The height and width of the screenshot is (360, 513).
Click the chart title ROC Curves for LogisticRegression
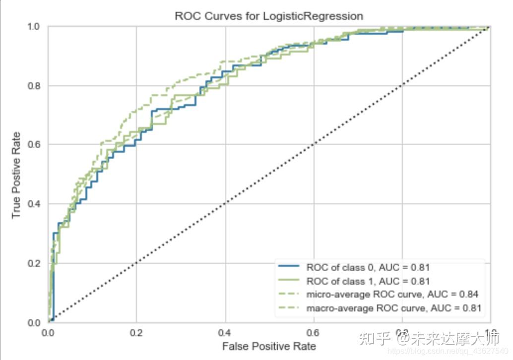[268, 16]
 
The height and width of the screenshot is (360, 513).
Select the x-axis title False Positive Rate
[268, 346]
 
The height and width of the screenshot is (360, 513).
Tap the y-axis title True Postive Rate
[17, 175]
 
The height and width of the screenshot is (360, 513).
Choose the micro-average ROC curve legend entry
[392, 295]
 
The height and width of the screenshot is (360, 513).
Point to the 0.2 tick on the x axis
[136, 332]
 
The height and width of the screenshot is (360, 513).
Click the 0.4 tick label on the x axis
[225, 332]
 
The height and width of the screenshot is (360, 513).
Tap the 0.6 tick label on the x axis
[313, 332]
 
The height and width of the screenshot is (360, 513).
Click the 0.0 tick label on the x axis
[48, 332]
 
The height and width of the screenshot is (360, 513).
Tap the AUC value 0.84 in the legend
[470, 295]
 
